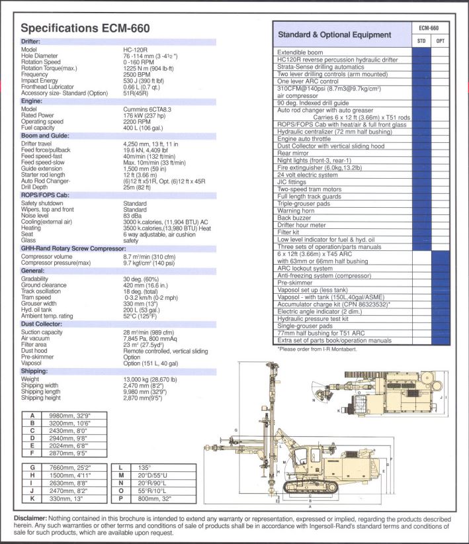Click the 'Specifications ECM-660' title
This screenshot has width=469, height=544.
(86, 28)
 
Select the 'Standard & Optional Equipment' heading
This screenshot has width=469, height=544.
(334, 34)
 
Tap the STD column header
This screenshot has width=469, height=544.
(421, 41)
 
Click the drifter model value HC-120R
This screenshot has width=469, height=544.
(136, 50)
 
